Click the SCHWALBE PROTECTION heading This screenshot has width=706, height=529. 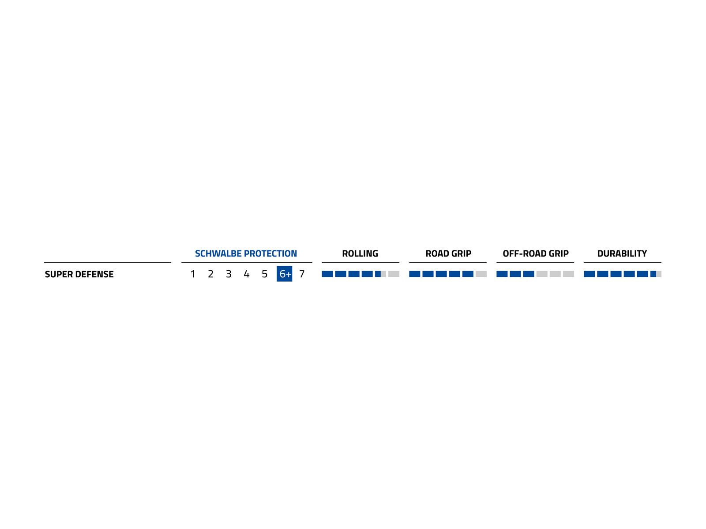(246, 253)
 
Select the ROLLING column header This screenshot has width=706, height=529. (360, 253)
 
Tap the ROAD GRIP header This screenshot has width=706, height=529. (448, 253)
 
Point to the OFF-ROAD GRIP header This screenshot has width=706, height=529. (536, 253)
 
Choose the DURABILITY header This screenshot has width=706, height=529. (622, 253)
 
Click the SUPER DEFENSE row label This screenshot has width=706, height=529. (79, 274)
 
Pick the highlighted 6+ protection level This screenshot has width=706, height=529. (285, 274)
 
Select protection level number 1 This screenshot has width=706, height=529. (193, 274)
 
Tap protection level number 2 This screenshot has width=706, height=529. (211, 274)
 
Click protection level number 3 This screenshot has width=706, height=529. (229, 274)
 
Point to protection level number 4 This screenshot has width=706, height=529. (247, 274)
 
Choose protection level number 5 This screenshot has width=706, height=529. (265, 274)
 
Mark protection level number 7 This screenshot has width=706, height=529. (302, 274)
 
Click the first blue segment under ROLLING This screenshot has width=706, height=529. (327, 274)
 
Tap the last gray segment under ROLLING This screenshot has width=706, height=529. (394, 274)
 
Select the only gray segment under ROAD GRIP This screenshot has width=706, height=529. (481, 274)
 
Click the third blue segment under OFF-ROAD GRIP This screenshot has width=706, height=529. (529, 274)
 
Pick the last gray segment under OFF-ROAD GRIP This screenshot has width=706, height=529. (568, 274)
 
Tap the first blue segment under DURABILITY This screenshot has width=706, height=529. (590, 274)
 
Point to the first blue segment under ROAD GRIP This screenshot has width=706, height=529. (415, 274)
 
